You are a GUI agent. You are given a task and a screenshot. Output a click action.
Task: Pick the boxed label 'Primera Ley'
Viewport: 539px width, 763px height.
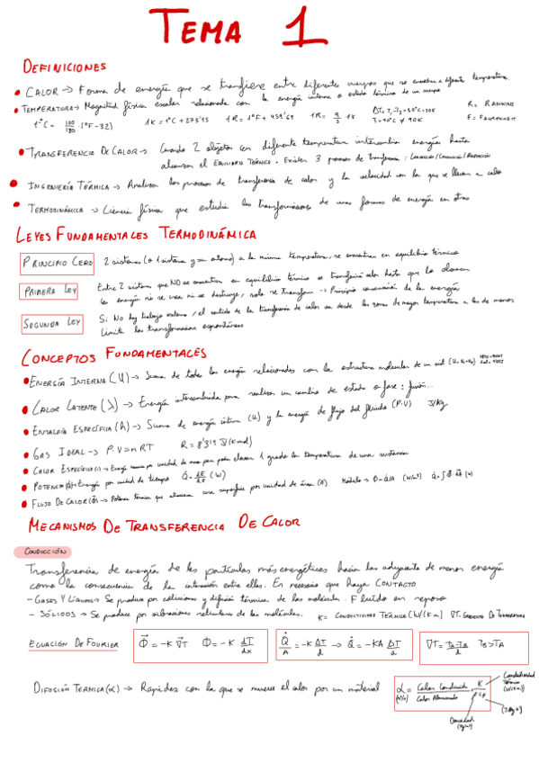[50, 291]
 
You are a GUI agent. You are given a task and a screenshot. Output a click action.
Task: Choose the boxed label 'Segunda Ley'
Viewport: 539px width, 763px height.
[53, 322]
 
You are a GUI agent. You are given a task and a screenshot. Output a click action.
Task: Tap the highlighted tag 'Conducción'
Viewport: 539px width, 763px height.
[42, 551]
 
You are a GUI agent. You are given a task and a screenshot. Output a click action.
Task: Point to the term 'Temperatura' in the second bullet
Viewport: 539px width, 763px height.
[50, 109]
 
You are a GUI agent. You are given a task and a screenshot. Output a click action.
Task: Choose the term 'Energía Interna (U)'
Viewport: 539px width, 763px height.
[76, 383]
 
